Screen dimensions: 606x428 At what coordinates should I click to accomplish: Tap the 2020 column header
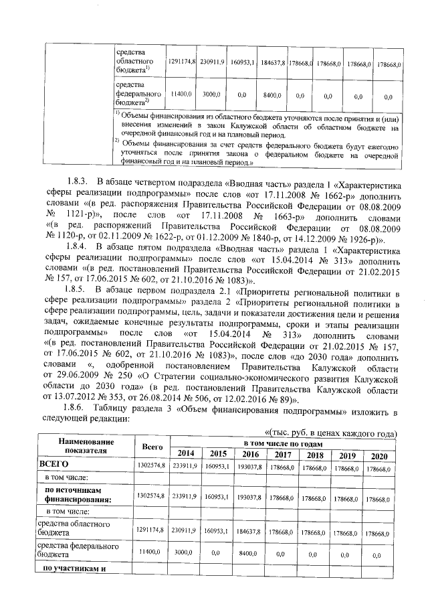click(x=379, y=455)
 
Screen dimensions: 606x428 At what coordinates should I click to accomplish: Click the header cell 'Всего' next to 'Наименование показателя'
click(x=148, y=447)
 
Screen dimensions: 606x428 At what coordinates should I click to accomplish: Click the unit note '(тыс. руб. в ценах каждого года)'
click(x=332, y=432)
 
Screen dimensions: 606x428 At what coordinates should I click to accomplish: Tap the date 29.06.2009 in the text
click(x=68, y=376)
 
